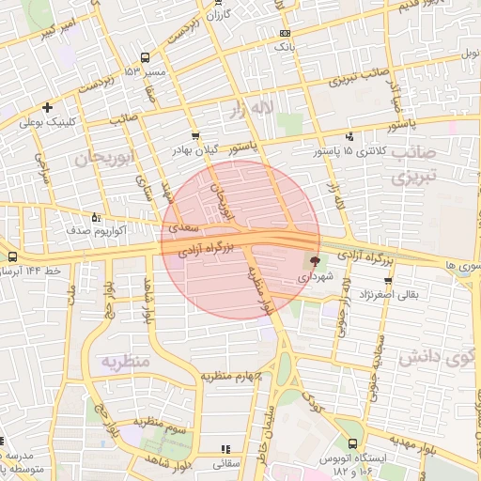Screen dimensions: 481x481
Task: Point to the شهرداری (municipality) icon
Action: click(x=314, y=262)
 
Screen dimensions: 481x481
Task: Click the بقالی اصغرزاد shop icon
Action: click(x=387, y=280)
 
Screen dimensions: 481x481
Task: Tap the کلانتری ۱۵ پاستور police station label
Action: click(x=349, y=150)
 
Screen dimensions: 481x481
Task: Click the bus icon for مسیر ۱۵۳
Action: click(x=144, y=57)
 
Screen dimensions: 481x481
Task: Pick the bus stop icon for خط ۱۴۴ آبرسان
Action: click(x=11, y=256)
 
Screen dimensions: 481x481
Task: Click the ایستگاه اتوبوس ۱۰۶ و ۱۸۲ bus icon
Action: click(x=352, y=443)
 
